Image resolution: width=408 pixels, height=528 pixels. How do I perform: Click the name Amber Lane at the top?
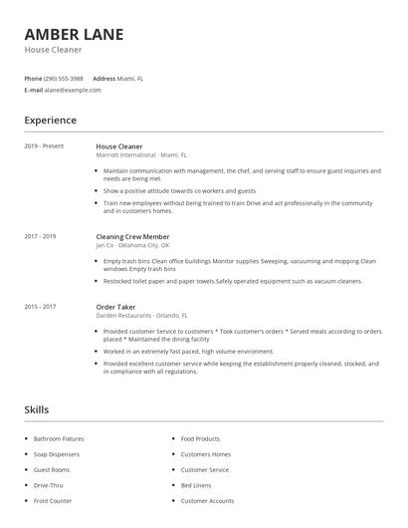click(75, 34)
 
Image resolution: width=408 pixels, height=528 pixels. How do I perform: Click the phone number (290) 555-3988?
click(64, 78)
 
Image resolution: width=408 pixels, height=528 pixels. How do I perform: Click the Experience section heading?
click(50, 121)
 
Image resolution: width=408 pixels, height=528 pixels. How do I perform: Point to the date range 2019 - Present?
click(44, 146)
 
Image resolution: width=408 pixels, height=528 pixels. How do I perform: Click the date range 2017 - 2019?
click(40, 236)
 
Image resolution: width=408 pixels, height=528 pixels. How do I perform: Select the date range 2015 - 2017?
click(40, 307)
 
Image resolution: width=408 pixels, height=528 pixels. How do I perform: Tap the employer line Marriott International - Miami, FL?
click(141, 155)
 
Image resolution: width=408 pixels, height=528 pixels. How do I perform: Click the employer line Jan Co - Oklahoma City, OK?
click(132, 245)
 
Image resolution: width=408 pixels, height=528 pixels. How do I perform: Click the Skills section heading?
click(36, 409)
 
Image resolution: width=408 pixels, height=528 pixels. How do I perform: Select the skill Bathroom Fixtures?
click(59, 438)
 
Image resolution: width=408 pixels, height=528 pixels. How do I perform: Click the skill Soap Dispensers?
click(56, 454)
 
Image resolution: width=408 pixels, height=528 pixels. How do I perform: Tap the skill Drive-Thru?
click(48, 485)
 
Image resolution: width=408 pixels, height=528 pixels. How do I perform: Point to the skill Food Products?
click(200, 438)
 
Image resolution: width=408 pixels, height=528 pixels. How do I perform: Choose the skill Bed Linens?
click(195, 485)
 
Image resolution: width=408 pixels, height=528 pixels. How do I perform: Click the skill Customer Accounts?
click(207, 501)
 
